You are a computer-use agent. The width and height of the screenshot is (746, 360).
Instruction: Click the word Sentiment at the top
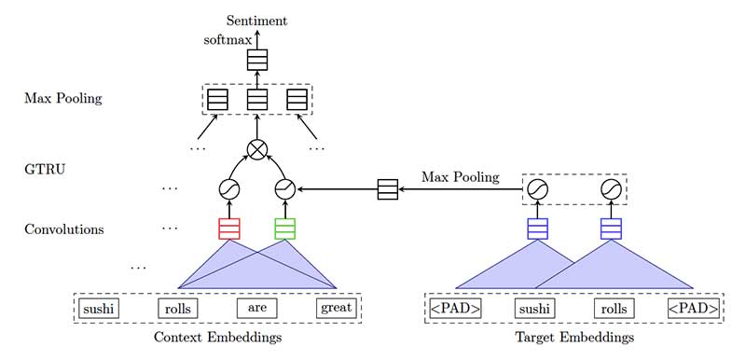tap(256, 20)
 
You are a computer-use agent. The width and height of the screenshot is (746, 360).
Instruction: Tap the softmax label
tap(227, 40)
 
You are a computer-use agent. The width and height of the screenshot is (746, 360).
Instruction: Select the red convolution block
tap(229, 228)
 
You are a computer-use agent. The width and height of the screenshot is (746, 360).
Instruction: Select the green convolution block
tap(285, 228)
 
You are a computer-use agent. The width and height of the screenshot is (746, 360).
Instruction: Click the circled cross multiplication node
tap(257, 150)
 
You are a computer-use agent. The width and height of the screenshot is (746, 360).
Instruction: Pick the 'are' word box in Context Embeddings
tap(257, 307)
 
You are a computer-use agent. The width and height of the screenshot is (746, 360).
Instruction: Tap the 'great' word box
tap(336, 307)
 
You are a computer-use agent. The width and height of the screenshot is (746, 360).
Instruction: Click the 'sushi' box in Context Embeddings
tap(100, 307)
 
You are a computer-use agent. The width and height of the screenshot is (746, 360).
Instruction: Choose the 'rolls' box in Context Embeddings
tap(178, 307)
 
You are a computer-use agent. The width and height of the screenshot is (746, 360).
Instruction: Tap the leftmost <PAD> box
tap(454, 308)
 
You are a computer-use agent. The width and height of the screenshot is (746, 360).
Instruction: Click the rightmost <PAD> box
tap(693, 308)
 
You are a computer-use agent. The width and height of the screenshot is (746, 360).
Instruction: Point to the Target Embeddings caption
tap(573, 337)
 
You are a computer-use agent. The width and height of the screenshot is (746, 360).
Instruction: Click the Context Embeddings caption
tap(217, 337)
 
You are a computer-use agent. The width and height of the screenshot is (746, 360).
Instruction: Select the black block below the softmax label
tap(256, 61)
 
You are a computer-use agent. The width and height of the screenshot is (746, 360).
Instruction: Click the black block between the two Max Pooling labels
tap(387, 189)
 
